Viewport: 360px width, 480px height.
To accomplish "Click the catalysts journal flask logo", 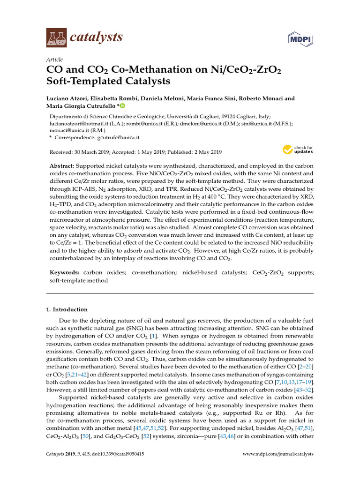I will pos(57,37).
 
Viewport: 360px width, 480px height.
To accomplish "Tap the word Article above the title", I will pos(55,60).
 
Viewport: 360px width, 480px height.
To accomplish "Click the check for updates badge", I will pos(298,150).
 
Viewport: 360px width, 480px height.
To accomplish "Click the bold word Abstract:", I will pos(62,167).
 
